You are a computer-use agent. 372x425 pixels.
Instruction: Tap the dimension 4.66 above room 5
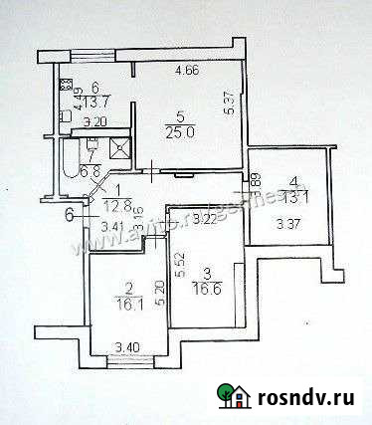[x=186, y=71]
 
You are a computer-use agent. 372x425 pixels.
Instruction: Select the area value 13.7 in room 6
[x=93, y=101]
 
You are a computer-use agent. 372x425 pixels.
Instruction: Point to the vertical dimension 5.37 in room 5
[x=228, y=103]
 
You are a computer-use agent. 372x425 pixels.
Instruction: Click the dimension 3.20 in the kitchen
[x=94, y=122]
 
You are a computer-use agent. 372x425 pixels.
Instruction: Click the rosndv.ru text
[x=308, y=398]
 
